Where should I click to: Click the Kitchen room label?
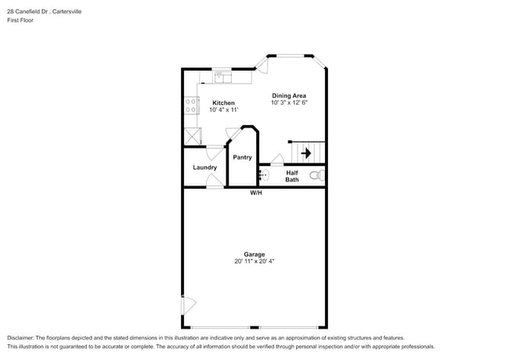(x=223, y=103)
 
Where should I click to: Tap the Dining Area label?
(x=288, y=95)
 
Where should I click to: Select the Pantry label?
(x=242, y=157)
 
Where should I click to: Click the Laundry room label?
(x=204, y=167)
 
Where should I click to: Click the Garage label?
(x=254, y=254)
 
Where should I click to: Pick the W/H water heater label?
(x=256, y=193)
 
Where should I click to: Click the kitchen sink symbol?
(x=222, y=77)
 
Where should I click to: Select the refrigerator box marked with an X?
(x=191, y=135)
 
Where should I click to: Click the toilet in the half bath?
(x=317, y=176)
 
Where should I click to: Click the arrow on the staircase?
(x=306, y=153)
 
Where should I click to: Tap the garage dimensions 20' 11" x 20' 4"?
(x=254, y=261)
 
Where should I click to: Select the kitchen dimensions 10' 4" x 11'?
(x=223, y=110)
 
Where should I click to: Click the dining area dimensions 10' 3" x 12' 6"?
(x=288, y=103)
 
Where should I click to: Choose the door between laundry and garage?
(x=214, y=182)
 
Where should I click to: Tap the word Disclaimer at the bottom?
(x=21, y=337)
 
